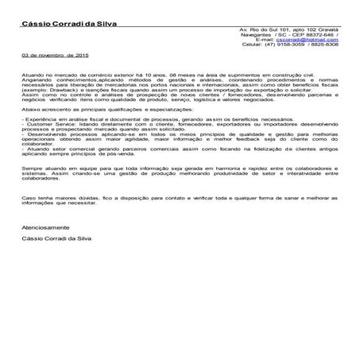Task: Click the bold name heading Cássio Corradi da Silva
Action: pos(69,25)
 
